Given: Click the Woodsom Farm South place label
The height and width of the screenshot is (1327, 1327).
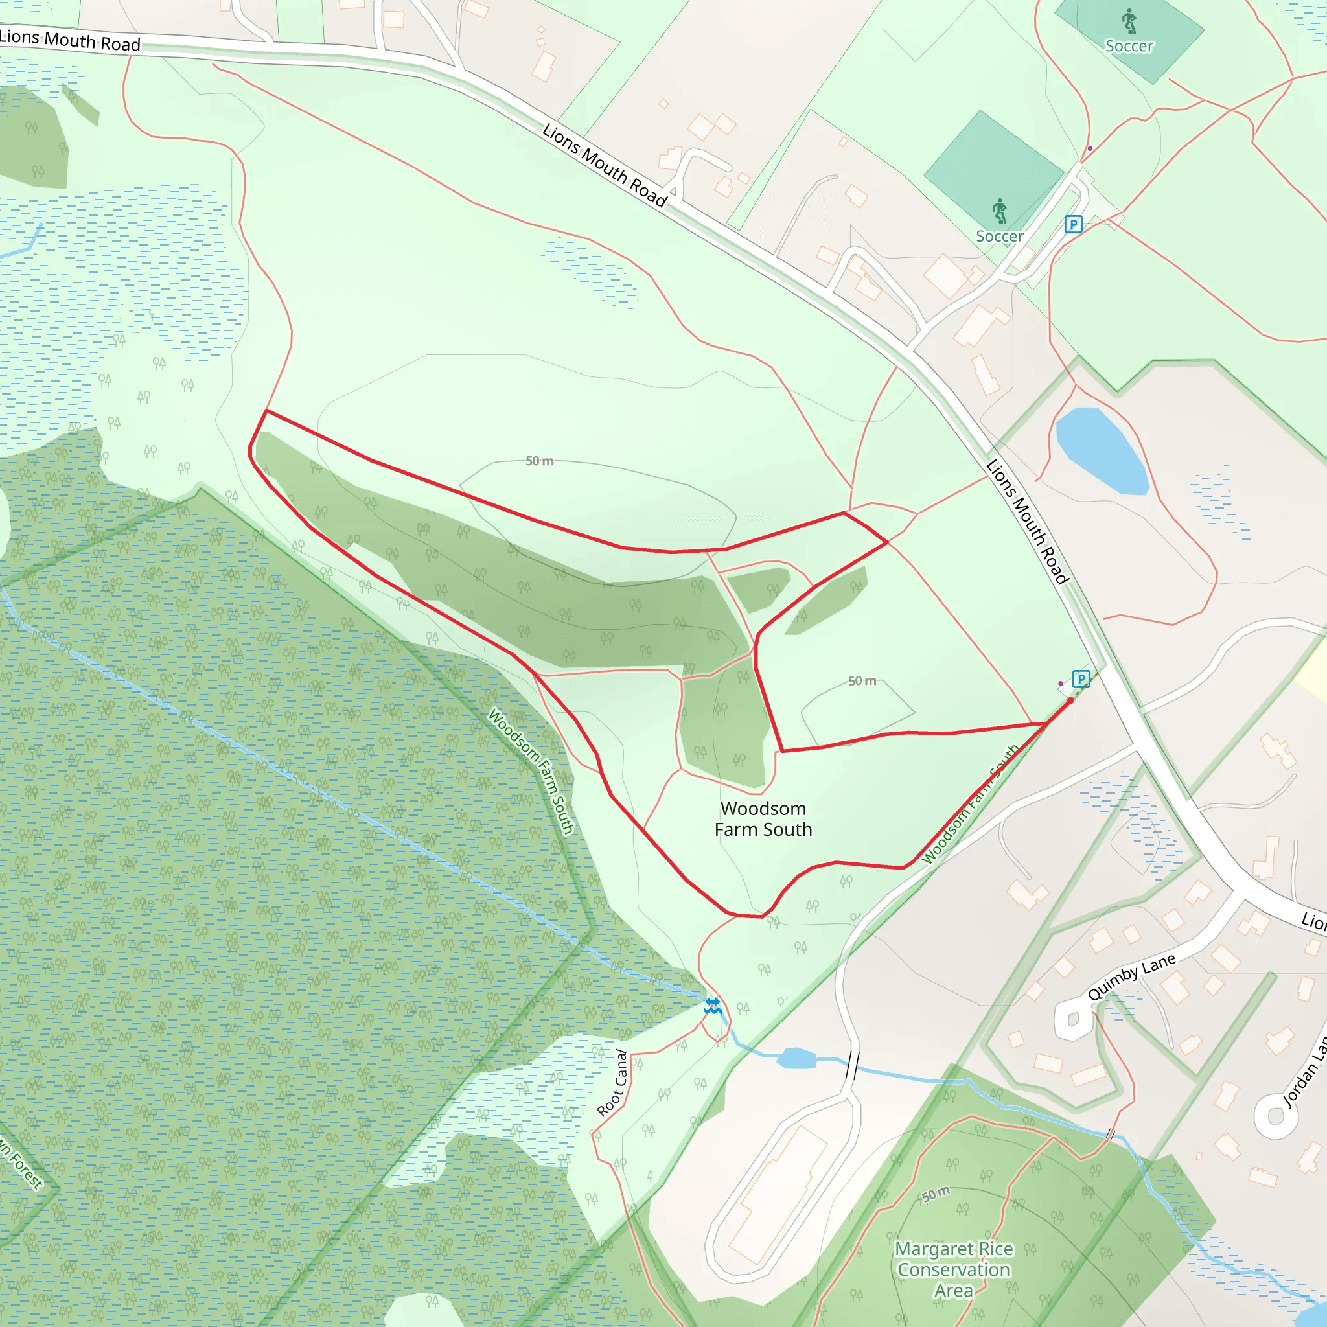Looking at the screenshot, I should pos(763,819).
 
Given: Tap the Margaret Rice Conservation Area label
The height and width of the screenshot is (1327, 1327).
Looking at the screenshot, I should pos(953,1269).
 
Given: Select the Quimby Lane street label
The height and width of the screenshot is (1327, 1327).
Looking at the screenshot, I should pos(1131,976).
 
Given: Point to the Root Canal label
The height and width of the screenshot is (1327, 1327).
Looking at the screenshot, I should pos(613,1083).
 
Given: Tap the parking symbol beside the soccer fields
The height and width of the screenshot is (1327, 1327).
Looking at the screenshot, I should pos(1073,224).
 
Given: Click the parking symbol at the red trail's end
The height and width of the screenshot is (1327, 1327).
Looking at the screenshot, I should pos(1081,679).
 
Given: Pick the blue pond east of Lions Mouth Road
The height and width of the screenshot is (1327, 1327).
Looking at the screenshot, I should pos(1101,451).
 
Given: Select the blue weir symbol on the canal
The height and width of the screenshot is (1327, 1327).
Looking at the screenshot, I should pos(712,1007).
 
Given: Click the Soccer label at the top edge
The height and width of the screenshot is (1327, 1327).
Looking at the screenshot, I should pos(1129,46).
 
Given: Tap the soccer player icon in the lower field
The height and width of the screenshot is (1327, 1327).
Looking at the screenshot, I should pos(1000,211).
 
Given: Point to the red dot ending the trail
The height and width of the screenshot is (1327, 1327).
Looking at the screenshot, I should pos(1070,700).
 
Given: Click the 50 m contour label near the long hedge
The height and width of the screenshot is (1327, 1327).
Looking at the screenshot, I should pos(539,461).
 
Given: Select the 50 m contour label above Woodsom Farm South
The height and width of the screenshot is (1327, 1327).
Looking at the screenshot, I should pos(862,681).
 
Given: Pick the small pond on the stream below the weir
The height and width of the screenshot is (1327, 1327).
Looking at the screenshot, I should pos(796,1059).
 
